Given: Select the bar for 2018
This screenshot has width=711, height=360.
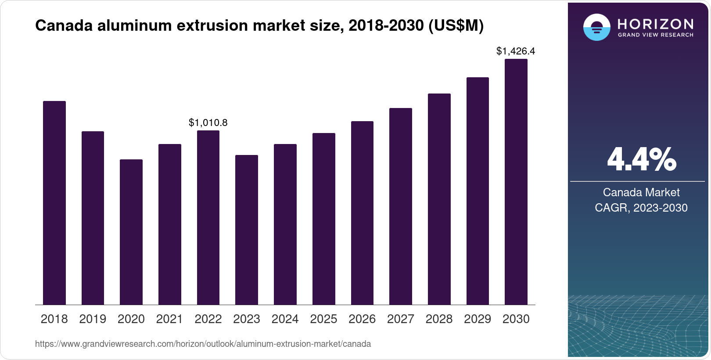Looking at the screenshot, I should point(54,203).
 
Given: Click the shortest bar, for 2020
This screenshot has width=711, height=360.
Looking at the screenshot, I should point(131,232).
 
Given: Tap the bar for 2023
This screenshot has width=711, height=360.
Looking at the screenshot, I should point(247,230).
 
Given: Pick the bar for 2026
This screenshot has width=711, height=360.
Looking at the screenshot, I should point(362,213).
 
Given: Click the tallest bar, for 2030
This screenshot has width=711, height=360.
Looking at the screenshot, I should point(516,182).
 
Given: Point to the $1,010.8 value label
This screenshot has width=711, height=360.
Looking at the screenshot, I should point(208,123).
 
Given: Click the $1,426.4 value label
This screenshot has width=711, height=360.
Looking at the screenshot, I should point(516,51).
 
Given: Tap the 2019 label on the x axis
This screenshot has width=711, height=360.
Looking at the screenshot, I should point(93,319).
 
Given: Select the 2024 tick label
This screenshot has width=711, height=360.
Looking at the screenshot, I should point(285,319).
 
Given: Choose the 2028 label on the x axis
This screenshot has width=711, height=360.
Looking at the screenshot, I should point(439,319).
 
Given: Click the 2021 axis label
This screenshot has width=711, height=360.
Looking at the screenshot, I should point(169,319).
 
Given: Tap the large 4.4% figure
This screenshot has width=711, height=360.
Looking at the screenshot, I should point(641,159).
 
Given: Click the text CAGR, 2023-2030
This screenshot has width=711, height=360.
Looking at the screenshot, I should point(641,208).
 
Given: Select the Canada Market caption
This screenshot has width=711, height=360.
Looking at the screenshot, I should point(641,192).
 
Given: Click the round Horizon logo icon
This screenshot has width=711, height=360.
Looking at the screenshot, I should point(596,27).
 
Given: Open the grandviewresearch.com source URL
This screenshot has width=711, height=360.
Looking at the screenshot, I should point(203,344).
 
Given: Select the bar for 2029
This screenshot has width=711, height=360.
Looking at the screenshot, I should point(478,191).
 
